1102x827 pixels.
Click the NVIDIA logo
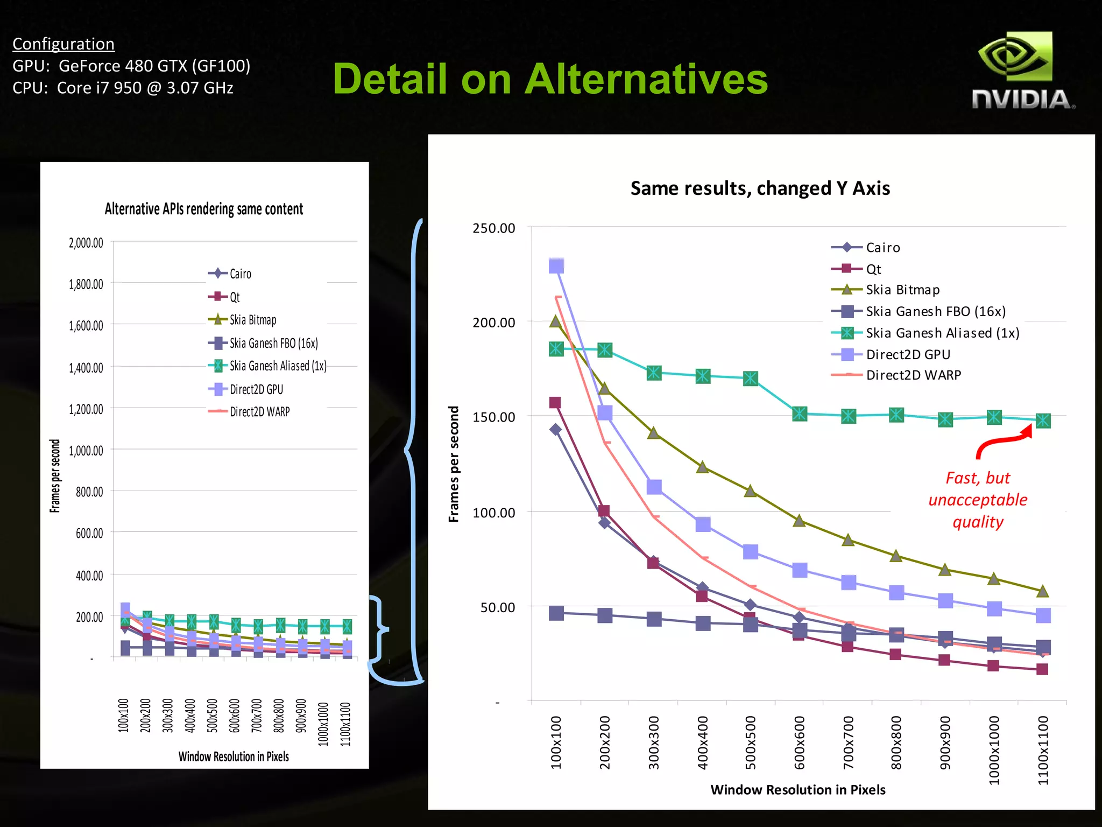click(1022, 70)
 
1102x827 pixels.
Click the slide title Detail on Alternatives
click(550, 79)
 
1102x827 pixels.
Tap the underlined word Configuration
click(63, 44)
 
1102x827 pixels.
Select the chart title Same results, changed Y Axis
click(760, 188)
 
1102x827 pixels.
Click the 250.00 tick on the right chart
click(493, 228)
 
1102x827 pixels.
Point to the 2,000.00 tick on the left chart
click(86, 243)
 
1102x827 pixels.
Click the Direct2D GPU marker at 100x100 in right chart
click(556, 265)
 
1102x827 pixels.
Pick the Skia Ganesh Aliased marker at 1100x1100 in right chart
click(1043, 420)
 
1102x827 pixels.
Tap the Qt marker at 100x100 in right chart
click(555, 403)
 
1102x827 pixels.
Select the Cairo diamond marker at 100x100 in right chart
click(555, 429)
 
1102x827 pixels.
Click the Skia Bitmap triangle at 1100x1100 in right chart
click(1042, 591)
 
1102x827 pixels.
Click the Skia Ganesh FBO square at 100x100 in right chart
click(556, 613)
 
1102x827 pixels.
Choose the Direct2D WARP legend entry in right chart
click(913, 375)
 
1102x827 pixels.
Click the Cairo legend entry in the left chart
click(240, 274)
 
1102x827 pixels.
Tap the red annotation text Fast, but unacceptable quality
click(978, 500)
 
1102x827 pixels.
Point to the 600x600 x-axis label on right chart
click(800, 742)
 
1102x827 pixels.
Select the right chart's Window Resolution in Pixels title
click(797, 789)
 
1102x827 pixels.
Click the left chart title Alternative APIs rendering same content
click(204, 209)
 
